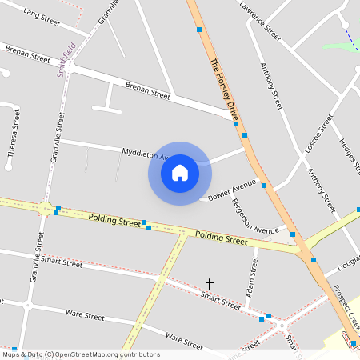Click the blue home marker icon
coord(180,173)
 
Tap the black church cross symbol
coord(210,283)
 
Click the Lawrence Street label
coord(260,21)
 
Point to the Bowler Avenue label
coord(231,189)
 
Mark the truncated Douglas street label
coord(348,266)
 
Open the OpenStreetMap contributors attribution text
coord(80,354)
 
